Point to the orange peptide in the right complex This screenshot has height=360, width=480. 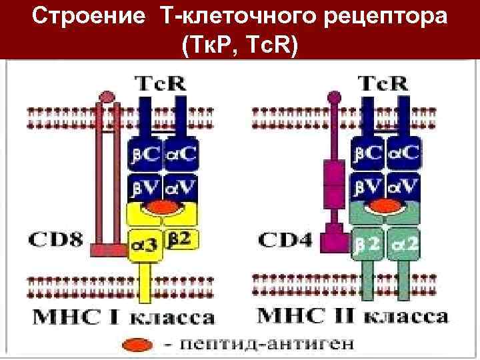385,206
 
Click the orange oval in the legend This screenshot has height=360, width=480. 137,347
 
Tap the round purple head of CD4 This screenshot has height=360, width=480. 332,97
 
